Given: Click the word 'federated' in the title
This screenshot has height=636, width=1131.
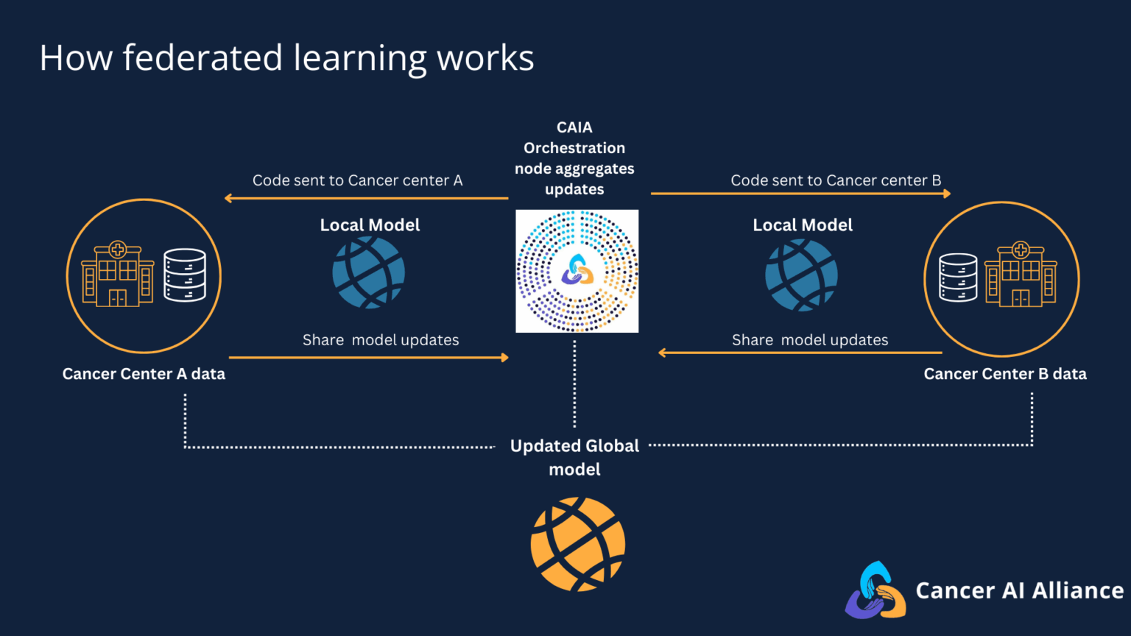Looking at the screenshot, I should [202, 57].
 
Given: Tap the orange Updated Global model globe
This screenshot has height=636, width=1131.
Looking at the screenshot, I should [578, 544].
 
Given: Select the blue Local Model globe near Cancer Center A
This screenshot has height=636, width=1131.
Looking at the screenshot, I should [368, 272].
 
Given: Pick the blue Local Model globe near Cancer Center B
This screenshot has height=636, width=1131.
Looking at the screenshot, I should [801, 275].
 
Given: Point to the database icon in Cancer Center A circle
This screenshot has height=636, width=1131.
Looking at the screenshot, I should [185, 275].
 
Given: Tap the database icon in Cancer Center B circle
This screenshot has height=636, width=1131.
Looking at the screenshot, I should [958, 278].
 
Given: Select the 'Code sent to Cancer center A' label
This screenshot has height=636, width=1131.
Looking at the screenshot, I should [357, 180].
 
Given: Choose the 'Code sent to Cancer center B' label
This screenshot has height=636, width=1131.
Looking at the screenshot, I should [836, 180].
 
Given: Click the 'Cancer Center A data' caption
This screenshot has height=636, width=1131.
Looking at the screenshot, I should [144, 374].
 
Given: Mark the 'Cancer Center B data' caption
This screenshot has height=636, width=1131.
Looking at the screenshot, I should [1005, 374].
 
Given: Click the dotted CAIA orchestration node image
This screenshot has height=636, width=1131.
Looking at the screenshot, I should [577, 271].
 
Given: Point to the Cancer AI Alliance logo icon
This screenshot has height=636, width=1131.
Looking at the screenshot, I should [875, 590].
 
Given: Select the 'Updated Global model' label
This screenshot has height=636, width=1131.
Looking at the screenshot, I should [574, 457].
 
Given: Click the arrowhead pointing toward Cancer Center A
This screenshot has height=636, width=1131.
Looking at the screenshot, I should [229, 198].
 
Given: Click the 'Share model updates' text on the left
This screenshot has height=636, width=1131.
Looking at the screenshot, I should [381, 340].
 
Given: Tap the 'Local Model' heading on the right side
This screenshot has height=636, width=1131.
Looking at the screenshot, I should [803, 225].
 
